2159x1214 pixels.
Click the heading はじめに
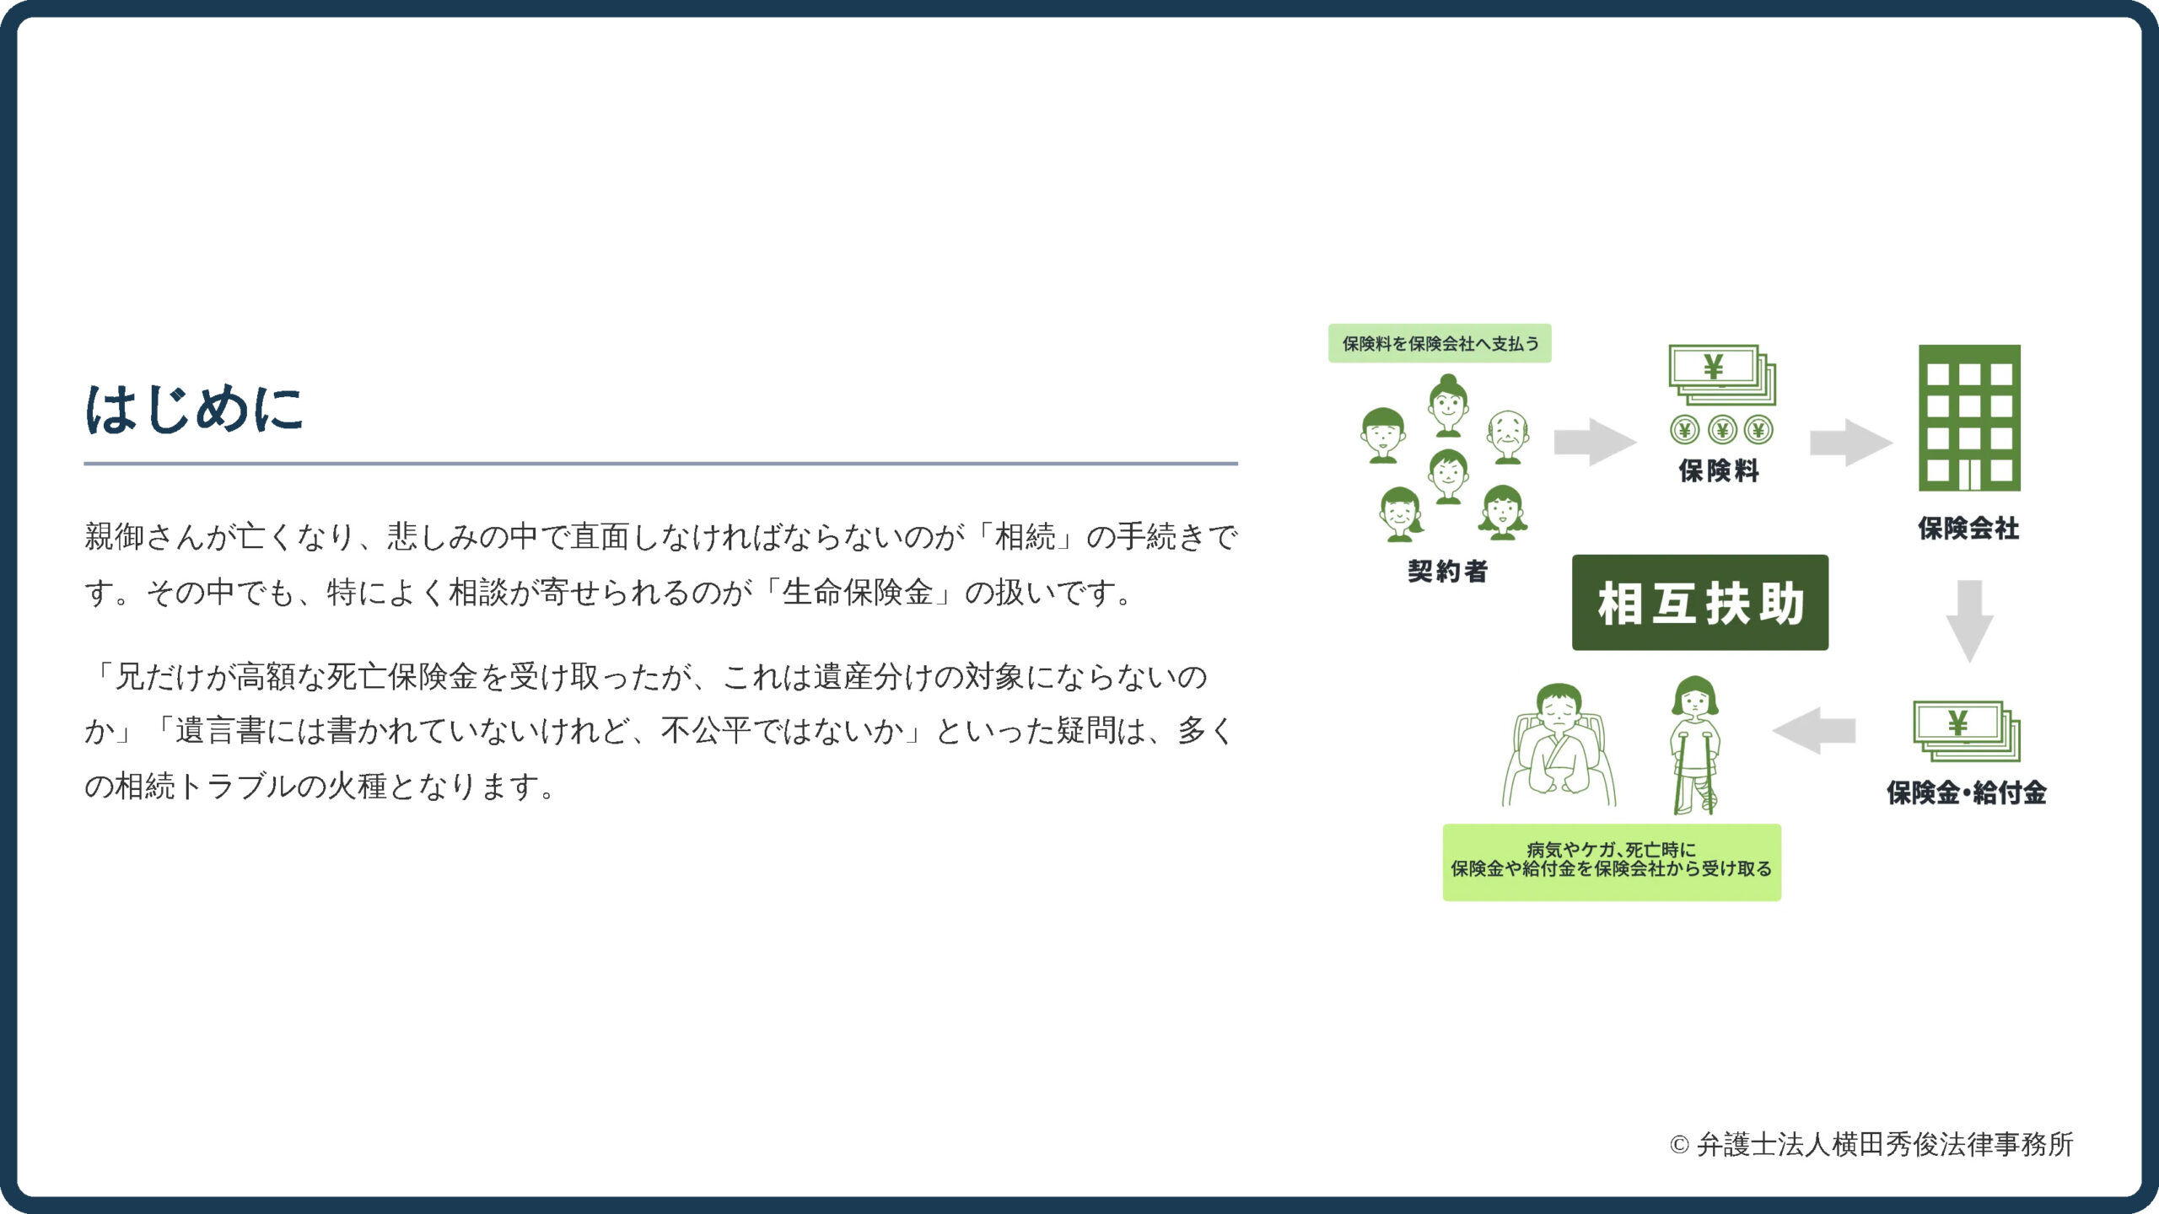(194, 410)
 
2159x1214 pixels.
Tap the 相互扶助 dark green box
(1700, 602)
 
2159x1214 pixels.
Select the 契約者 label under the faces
(1448, 571)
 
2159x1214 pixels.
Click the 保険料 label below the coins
(1719, 470)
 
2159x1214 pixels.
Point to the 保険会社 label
(1968, 529)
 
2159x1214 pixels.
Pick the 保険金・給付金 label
(1967, 792)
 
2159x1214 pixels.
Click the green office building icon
(1969, 418)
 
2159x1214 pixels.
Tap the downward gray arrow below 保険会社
(1969, 620)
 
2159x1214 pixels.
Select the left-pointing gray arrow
(1814, 730)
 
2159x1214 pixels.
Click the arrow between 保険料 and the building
(1851, 442)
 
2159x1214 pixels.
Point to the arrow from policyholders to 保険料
(1596, 442)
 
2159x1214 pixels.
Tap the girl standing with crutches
(1695, 745)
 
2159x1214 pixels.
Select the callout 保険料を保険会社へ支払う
(1440, 343)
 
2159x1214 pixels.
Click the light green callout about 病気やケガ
(1612, 862)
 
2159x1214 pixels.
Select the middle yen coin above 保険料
(1721, 431)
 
